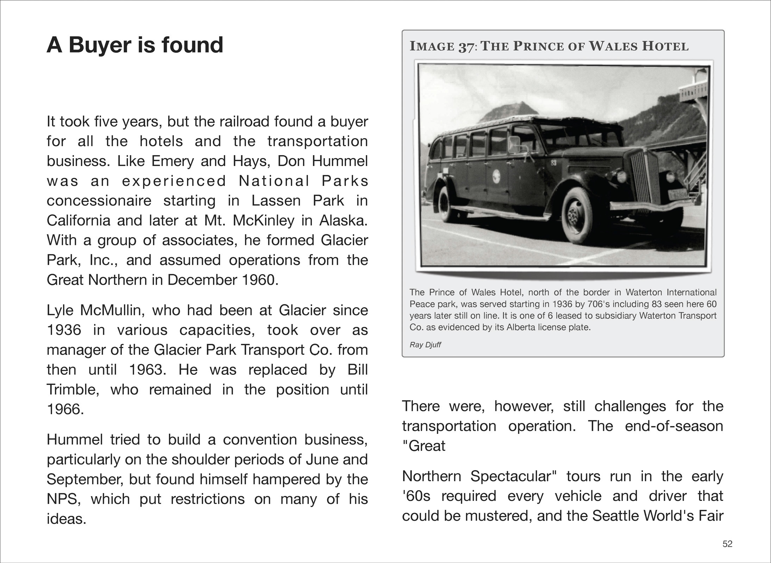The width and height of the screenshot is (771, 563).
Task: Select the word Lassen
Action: click(x=276, y=201)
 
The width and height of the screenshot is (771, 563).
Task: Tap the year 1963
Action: click(x=148, y=370)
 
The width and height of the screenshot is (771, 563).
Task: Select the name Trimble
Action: click(x=73, y=390)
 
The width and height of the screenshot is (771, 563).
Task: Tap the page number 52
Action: click(x=727, y=544)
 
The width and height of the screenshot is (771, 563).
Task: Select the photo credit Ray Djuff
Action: click(x=425, y=345)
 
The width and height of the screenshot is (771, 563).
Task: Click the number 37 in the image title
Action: click(x=466, y=47)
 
